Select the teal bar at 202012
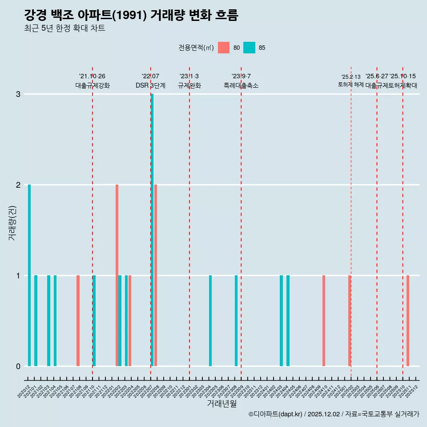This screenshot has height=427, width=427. (x=29, y=276)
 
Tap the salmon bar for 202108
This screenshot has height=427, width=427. (x=78, y=320)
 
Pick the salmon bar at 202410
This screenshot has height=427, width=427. (x=324, y=320)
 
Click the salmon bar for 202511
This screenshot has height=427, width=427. (x=408, y=320)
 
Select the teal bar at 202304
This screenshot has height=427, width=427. (x=210, y=320)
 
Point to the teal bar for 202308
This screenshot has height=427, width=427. (x=236, y=320)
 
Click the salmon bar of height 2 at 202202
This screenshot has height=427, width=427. (x=117, y=276)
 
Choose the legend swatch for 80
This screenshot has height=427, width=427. (x=224, y=48)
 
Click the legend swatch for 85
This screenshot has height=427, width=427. (x=250, y=48)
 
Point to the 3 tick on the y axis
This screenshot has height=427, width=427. (x=18, y=94)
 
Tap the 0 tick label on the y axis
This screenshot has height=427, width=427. (x=18, y=366)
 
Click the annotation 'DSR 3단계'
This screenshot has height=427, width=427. (x=151, y=85)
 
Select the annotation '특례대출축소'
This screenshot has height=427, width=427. (x=241, y=85)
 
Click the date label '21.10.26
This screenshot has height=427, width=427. (x=92, y=77)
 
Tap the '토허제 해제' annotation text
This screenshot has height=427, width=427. (x=351, y=85)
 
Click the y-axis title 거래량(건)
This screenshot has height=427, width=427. (x=12, y=223)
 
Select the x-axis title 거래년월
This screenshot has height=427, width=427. (x=222, y=403)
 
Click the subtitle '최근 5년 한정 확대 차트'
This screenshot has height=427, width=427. (x=65, y=28)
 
